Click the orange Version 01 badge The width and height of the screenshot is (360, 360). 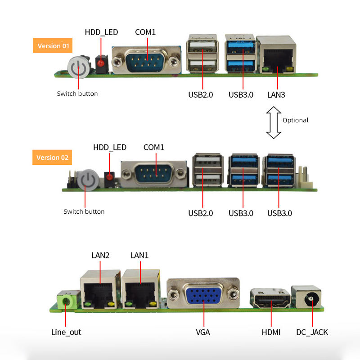(53, 45)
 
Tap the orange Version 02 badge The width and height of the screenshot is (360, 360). (53, 157)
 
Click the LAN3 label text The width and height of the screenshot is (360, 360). (276, 95)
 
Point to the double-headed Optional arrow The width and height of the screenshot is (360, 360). (273, 122)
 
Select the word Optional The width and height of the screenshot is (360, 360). (296, 120)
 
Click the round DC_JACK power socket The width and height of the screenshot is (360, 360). (310, 298)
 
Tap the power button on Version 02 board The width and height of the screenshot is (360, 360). (88, 180)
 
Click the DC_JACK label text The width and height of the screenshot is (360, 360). (312, 333)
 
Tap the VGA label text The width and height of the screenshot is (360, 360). (203, 333)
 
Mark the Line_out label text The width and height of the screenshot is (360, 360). (66, 333)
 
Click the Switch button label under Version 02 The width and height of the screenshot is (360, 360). (84, 211)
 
